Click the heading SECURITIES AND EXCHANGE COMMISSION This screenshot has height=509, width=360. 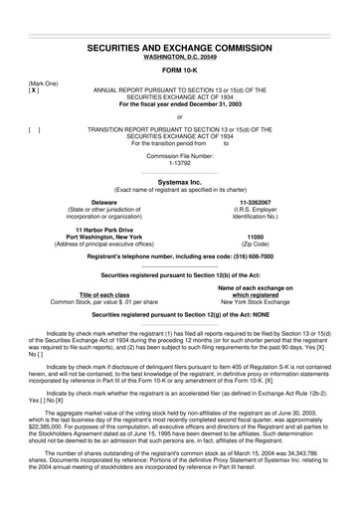(x=180, y=47)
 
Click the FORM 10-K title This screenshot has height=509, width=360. (x=180, y=72)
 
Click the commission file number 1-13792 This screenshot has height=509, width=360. (x=180, y=161)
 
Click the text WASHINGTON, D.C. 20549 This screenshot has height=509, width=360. (x=180, y=57)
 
